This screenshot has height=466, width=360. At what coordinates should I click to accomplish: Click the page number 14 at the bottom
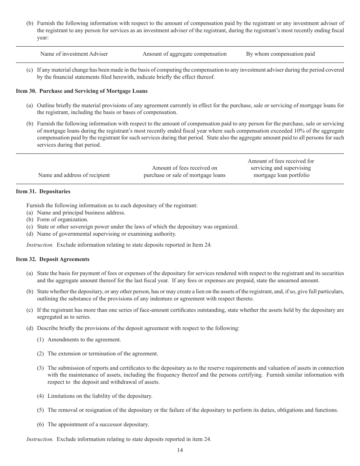click(x=180, y=450)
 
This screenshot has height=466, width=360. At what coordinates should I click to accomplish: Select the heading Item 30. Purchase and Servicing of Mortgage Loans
click(x=81, y=91)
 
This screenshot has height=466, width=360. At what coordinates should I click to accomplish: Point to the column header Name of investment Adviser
click(x=74, y=54)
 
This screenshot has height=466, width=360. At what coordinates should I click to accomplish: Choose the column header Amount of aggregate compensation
click(x=185, y=54)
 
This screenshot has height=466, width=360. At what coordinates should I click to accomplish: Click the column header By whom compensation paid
click(x=280, y=54)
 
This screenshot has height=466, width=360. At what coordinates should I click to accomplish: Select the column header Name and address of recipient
click(x=74, y=175)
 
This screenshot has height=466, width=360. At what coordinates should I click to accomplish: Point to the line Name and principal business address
click(x=81, y=213)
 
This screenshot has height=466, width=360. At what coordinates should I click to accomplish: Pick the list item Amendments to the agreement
click(x=84, y=339)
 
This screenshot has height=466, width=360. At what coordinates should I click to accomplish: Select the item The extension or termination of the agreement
click(x=103, y=353)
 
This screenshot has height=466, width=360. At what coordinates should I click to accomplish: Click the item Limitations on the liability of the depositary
click(x=100, y=396)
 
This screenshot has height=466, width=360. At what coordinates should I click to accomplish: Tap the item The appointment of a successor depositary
click(x=98, y=424)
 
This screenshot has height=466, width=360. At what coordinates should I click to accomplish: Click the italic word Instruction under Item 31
click(x=40, y=245)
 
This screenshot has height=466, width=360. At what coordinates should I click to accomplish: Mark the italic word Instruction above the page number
click(x=40, y=439)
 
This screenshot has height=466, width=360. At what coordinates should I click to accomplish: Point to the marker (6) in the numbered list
click(x=41, y=424)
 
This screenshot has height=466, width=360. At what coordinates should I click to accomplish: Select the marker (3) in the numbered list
click(x=41, y=368)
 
